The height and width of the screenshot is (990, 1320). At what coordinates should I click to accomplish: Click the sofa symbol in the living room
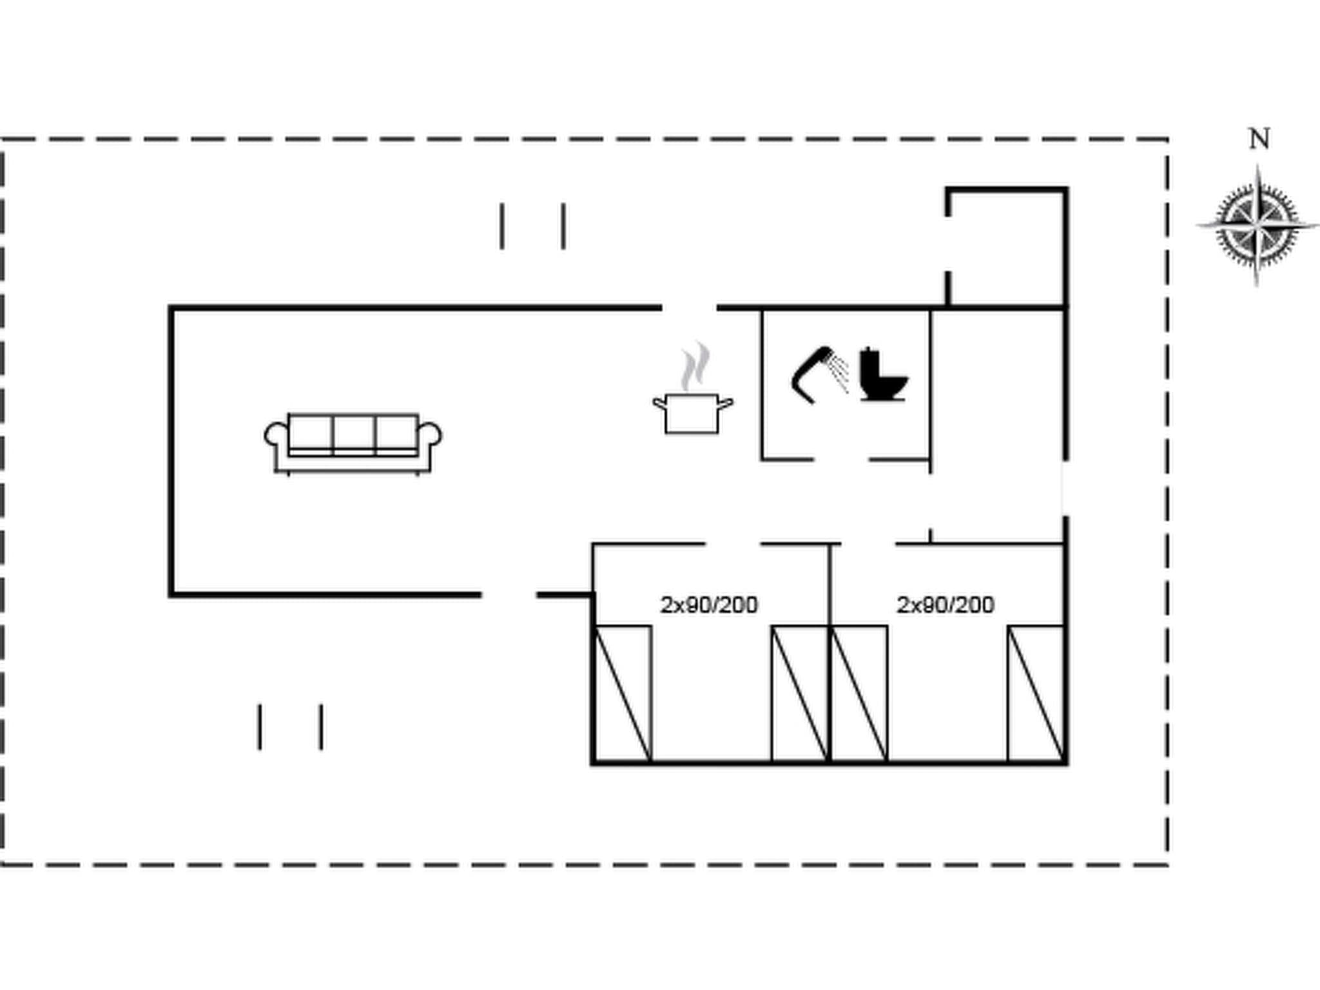click(353, 443)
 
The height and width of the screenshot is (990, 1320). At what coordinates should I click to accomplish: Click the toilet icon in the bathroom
click(882, 374)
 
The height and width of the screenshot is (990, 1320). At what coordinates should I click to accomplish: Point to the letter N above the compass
click(1259, 139)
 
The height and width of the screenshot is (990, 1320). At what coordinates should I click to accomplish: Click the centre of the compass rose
click(1257, 226)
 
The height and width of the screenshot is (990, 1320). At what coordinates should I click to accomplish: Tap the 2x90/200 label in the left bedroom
click(709, 605)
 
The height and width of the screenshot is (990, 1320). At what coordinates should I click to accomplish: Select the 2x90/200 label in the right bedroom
click(946, 605)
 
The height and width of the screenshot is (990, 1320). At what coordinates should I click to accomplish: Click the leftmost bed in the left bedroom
click(623, 694)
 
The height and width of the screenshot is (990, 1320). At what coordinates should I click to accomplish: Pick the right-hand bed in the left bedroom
click(799, 694)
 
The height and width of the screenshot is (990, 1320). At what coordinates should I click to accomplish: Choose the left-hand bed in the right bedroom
click(859, 694)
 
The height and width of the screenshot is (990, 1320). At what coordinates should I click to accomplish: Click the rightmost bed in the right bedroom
click(1035, 694)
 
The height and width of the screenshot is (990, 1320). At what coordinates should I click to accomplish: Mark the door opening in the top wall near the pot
click(689, 308)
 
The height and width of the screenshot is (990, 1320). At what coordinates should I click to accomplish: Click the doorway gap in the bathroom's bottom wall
click(841, 460)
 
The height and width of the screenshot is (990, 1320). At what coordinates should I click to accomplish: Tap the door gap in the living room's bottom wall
click(509, 595)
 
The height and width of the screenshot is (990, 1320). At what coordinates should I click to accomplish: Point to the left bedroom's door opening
click(733, 545)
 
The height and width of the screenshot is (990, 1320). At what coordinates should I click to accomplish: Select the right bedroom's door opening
click(868, 545)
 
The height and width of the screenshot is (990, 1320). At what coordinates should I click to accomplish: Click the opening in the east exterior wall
click(1065, 488)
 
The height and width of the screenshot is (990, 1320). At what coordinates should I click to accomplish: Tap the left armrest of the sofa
click(275, 436)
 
